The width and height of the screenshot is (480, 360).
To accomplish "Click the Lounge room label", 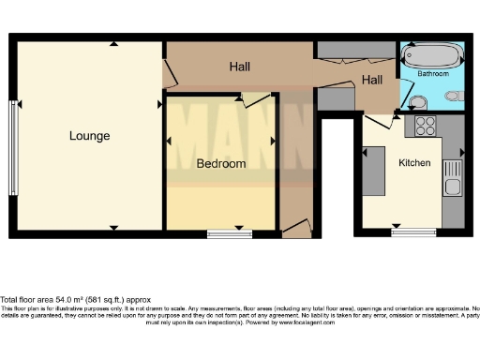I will coord(89,136).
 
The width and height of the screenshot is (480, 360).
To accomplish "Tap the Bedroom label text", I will coord(220,163).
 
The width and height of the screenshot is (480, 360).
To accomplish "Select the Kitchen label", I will coord(414,163).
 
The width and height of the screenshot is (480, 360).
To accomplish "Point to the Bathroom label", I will coord(433,73).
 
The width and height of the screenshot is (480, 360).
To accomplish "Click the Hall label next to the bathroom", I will coord(373,81).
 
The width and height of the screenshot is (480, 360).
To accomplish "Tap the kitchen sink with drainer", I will coord(452,178).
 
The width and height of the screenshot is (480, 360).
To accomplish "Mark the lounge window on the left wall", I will coord(13,135).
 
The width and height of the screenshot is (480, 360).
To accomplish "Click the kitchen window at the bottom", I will coord(408,231).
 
